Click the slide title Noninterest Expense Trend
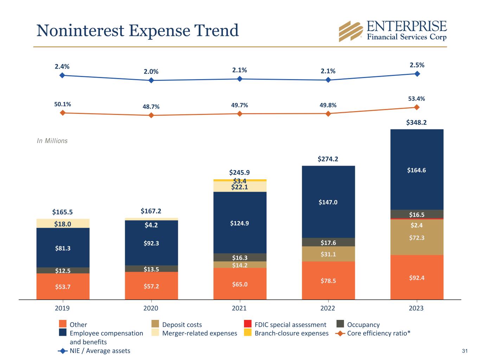[x=137, y=31]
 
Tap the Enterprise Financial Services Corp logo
[x=392, y=31]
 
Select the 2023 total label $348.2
[x=417, y=123]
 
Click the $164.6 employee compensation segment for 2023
[x=417, y=170]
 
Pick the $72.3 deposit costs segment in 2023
[x=417, y=238]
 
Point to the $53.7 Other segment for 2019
[x=63, y=287]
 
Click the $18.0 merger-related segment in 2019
[x=63, y=224]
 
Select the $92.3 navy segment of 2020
[x=151, y=243]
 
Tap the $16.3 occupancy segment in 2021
[x=240, y=258]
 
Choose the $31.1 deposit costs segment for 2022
[x=328, y=254]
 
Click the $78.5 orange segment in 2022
[x=328, y=281]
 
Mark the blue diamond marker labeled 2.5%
[x=417, y=74]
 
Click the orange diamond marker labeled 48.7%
[x=151, y=115]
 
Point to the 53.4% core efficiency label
[x=417, y=99]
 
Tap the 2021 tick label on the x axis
[x=239, y=308]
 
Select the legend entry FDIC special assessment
[x=290, y=325]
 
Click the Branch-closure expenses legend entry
[x=291, y=333]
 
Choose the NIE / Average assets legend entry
[x=100, y=351]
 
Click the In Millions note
[x=52, y=141]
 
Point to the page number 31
[x=465, y=351]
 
